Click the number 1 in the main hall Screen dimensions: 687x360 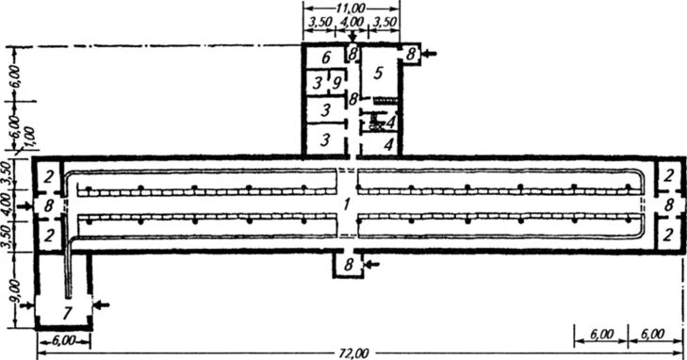click(x=347, y=205)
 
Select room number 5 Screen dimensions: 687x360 click(x=379, y=74)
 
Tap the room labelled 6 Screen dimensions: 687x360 click(x=325, y=57)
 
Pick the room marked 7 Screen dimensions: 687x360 click(x=67, y=313)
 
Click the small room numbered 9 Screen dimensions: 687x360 click(x=336, y=82)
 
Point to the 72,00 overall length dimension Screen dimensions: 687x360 click(x=354, y=353)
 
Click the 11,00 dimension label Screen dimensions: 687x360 click(x=352, y=8)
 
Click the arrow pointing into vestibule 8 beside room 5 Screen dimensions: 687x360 click(x=430, y=54)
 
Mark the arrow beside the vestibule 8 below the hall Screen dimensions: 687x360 click(x=373, y=264)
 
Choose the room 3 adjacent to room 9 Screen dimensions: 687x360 click(x=318, y=82)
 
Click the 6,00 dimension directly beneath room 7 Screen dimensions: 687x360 click(x=63, y=341)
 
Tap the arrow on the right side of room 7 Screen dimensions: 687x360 click(x=102, y=304)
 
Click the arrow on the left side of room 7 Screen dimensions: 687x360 click(x=26, y=305)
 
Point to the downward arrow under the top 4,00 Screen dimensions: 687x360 click(x=352, y=37)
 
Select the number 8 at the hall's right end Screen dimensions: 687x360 click(x=668, y=205)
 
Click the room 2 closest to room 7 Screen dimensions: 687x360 click(x=49, y=236)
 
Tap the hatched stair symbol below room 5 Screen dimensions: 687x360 click(x=386, y=101)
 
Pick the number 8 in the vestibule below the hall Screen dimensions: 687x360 click(x=349, y=265)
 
